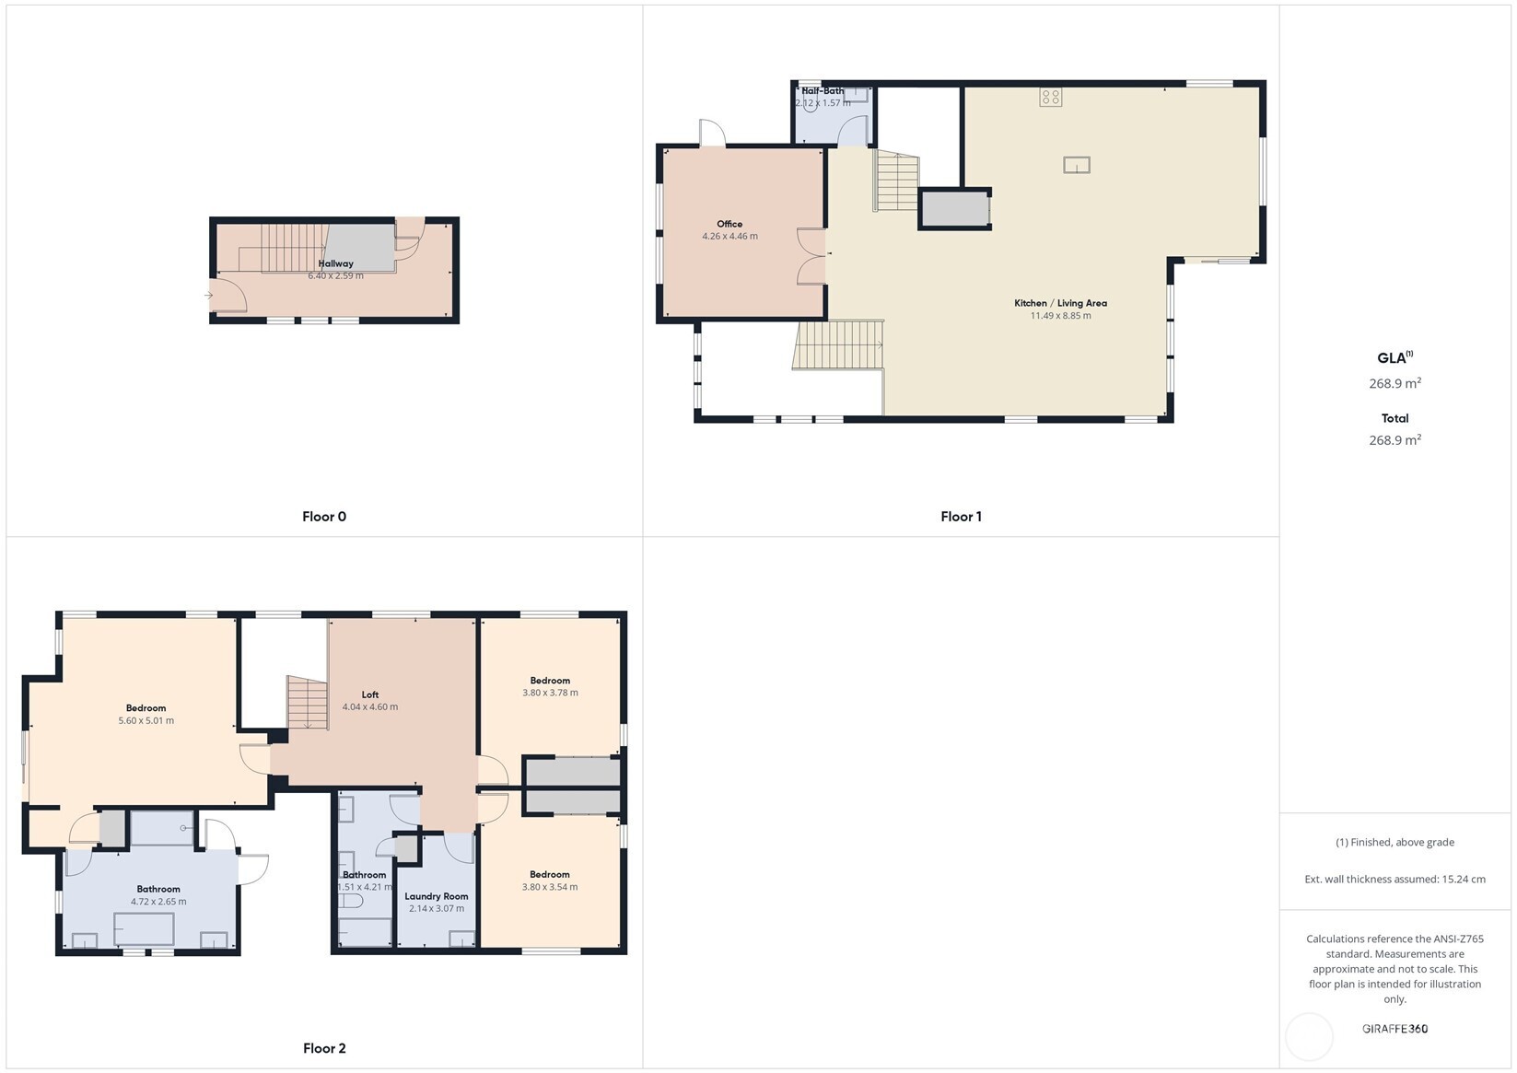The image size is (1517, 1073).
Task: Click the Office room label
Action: click(x=729, y=224)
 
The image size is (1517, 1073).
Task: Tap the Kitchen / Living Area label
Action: click(x=1060, y=303)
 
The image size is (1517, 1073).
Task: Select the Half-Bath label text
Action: click(x=822, y=91)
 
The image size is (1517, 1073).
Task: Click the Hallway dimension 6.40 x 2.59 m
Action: click(x=335, y=275)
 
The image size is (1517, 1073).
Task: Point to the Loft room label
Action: click(x=369, y=694)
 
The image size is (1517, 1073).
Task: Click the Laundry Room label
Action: click(x=436, y=896)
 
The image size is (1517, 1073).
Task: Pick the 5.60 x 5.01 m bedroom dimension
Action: click(x=146, y=721)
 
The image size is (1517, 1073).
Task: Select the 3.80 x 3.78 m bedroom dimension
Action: click(x=550, y=693)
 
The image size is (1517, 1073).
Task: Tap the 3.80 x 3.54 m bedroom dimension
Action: click(x=550, y=887)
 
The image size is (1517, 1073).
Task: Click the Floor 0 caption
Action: click(x=324, y=517)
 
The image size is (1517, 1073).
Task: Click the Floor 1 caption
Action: click(x=961, y=517)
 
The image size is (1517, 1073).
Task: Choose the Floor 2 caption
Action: click(x=324, y=1048)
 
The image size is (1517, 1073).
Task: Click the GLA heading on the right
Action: click(x=1393, y=358)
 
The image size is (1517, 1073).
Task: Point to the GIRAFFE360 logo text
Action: click(x=1394, y=1029)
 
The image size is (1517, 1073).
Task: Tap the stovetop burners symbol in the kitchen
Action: click(x=1051, y=97)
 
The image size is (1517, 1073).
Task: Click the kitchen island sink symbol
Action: click(x=1076, y=165)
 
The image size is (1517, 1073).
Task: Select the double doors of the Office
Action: click(x=811, y=255)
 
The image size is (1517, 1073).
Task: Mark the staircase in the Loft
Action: click(x=308, y=702)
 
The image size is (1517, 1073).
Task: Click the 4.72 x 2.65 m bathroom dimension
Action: click(x=158, y=902)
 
